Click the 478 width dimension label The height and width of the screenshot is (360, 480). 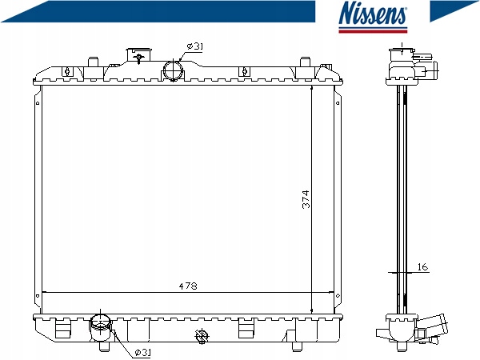tap(188, 286)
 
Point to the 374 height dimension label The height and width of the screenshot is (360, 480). tap(306, 199)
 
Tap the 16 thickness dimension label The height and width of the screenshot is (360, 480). tap(422, 267)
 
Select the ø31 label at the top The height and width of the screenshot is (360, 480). tap(195, 46)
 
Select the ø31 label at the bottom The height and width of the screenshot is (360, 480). tap(143, 352)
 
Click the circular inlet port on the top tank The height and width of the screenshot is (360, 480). tap(173, 70)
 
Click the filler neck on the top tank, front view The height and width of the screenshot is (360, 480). tap(139, 55)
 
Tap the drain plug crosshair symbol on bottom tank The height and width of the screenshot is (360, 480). tap(202, 336)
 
